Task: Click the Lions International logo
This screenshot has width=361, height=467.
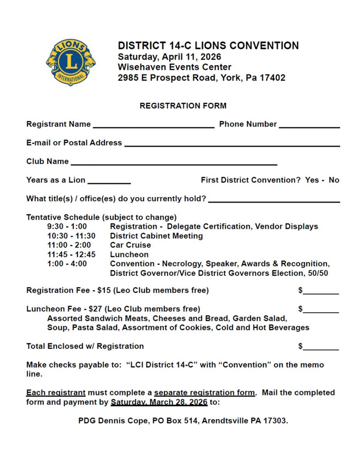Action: click(x=70, y=62)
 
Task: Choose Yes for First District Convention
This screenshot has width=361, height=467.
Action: click(x=312, y=180)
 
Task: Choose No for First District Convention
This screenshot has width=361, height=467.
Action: click(x=334, y=180)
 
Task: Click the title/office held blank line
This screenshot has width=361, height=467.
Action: click(x=274, y=201)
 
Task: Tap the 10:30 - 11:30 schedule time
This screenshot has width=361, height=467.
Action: click(x=71, y=236)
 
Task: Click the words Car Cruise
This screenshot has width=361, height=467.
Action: click(x=130, y=245)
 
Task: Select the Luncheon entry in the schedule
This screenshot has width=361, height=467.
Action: click(x=129, y=255)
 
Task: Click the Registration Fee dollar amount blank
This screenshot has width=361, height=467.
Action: click(x=321, y=293)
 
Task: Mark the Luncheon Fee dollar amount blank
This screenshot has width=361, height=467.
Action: click(x=321, y=311)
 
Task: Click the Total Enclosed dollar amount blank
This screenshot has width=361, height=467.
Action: click(x=321, y=348)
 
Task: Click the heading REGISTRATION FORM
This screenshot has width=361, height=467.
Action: click(x=183, y=106)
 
